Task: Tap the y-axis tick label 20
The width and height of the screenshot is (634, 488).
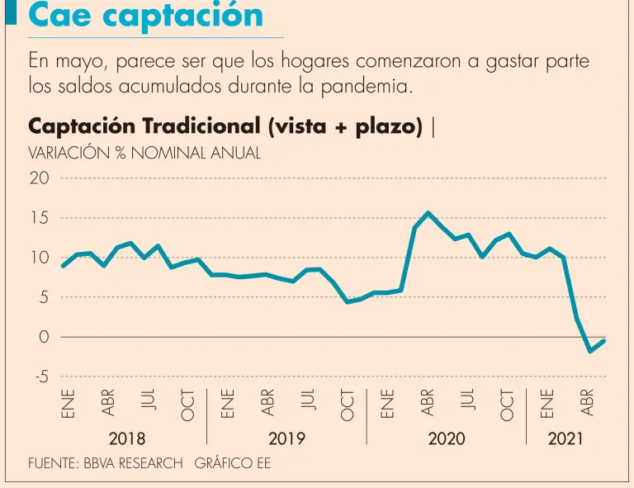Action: click(x=40, y=178)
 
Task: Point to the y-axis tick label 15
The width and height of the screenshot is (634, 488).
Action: click(x=40, y=218)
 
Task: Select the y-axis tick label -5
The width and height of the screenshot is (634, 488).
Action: click(x=40, y=377)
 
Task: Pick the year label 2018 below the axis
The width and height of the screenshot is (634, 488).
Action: click(x=127, y=438)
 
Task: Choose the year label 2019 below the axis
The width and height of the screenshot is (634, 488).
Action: click(x=286, y=438)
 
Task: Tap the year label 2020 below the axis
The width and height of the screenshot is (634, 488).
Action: click(x=446, y=438)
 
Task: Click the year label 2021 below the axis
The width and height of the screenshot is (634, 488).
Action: click(x=565, y=438)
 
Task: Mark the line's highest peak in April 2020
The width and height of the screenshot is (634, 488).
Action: click(x=428, y=212)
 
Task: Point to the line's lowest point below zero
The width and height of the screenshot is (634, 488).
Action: click(x=590, y=351)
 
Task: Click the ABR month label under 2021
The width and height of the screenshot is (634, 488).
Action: click(x=588, y=402)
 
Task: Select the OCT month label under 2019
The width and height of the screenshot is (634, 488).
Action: click(x=348, y=404)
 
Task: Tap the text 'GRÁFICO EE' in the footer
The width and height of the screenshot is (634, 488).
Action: click(x=232, y=463)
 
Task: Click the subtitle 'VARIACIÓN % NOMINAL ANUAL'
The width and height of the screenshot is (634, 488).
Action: click(x=144, y=153)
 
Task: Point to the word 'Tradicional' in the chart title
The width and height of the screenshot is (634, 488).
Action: click(x=201, y=126)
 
